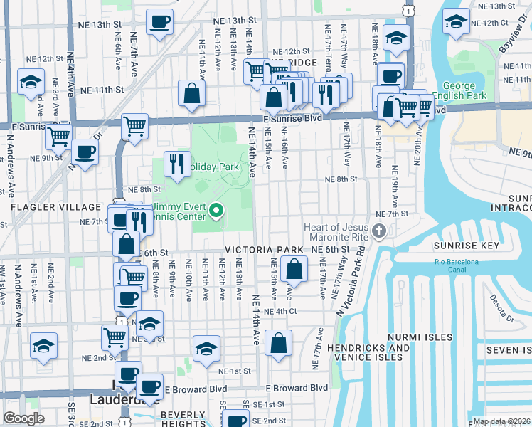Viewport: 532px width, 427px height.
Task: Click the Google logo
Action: pyautogui.click(x=23, y=418)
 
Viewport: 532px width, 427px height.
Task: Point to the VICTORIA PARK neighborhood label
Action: pyautogui.click(x=265, y=251)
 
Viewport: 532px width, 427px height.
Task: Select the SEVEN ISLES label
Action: pyautogui.click(x=508, y=350)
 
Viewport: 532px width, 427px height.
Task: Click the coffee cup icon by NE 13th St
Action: pyautogui.click(x=160, y=21)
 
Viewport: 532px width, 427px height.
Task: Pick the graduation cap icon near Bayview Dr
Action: pyautogui.click(x=455, y=22)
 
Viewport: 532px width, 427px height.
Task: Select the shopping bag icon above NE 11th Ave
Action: pyautogui.click(x=192, y=93)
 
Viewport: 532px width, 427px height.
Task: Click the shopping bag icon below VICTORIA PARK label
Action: pyautogui.click(x=294, y=269)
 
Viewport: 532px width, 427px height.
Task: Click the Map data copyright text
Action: pyautogui.click(x=501, y=421)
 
